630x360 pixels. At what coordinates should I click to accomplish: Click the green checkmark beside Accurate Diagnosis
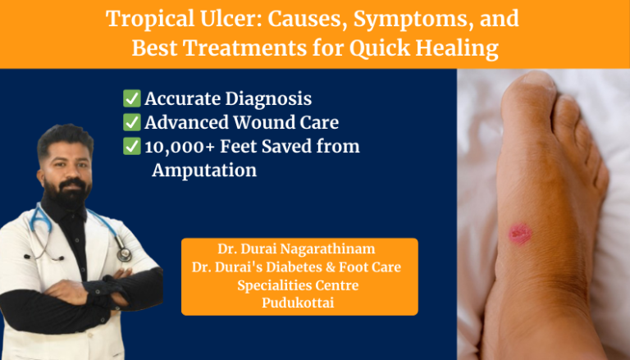[131, 99]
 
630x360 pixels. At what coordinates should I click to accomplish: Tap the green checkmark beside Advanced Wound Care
[131, 123]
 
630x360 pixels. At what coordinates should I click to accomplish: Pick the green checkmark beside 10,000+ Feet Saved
[131, 147]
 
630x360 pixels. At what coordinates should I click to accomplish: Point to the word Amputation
[204, 171]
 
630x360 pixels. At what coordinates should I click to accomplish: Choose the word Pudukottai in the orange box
[299, 303]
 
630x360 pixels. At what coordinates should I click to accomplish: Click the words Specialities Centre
[299, 285]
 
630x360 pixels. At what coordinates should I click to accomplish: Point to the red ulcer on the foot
[520, 235]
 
